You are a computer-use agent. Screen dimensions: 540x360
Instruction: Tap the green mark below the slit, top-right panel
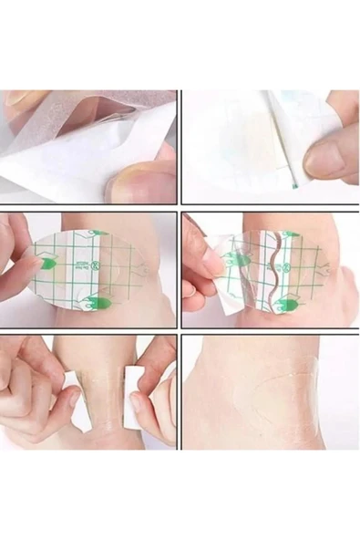pos(294,186)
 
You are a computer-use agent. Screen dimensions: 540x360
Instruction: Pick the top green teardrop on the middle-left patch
pos(99,234)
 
